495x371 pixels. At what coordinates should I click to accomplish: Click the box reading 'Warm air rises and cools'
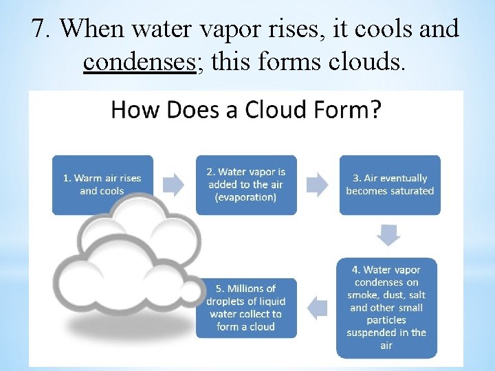[x=102, y=184]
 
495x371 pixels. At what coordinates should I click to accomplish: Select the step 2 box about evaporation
[x=246, y=184]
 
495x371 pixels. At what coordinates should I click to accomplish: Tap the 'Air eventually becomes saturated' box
[x=390, y=184]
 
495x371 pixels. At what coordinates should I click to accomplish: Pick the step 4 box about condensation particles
[x=386, y=307]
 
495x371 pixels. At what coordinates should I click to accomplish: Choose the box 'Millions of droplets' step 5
[x=246, y=307]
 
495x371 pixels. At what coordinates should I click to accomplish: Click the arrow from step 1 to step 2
[x=174, y=183]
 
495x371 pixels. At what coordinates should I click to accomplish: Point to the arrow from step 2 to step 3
[x=318, y=183]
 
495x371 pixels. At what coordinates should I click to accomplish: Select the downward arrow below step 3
[x=390, y=235]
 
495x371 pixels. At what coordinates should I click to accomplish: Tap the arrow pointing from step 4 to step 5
[x=318, y=307]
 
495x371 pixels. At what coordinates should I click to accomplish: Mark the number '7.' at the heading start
[x=42, y=28]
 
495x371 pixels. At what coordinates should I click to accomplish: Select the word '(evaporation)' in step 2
[x=245, y=197]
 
